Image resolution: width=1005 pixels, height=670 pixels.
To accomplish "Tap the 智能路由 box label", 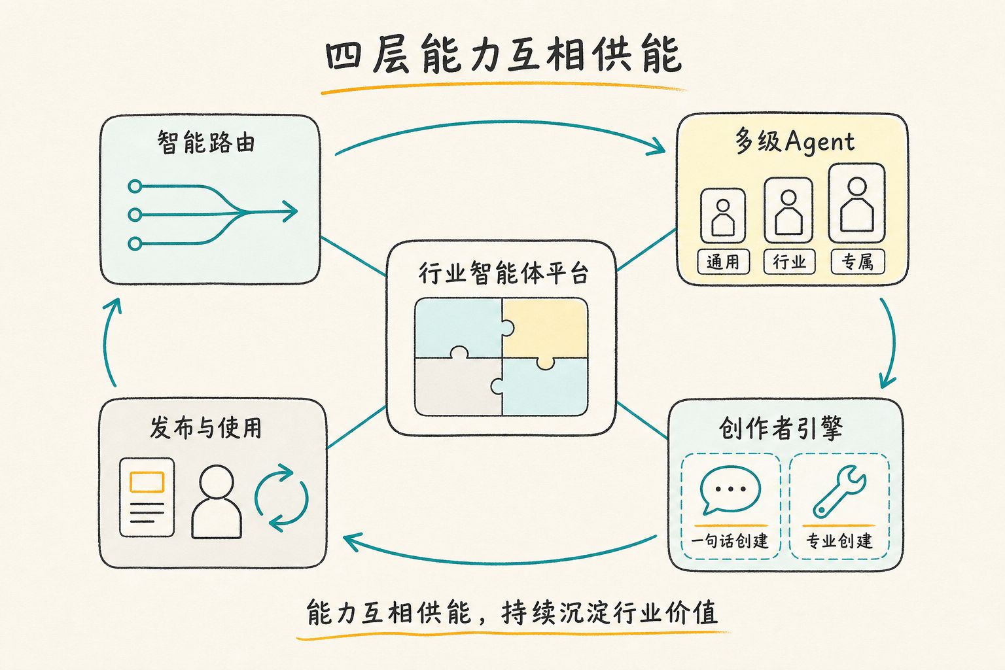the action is point(206,142).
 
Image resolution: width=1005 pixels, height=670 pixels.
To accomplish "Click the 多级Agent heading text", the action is point(794,141).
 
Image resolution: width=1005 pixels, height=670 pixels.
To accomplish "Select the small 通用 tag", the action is point(723,262).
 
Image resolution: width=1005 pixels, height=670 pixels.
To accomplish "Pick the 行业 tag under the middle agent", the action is point(789,262).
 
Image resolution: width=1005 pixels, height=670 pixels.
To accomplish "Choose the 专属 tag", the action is point(858,262).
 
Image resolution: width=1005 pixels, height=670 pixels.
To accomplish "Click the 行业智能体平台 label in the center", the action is point(503,273).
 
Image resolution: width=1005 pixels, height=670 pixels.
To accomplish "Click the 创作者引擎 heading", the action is point(781,428).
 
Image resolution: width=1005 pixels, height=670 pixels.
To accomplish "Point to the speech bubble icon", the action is point(730,490).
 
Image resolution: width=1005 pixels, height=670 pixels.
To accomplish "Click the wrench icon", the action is point(839,492).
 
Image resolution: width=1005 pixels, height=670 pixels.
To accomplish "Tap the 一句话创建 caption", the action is point(730,540).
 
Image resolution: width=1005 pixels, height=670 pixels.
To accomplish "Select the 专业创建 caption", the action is point(839,540).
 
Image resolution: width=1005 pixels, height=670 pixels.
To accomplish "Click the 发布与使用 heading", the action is point(206,427).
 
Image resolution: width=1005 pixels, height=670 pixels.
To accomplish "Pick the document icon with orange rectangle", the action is point(147,497).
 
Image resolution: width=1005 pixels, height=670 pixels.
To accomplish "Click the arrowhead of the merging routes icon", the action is point(290,211).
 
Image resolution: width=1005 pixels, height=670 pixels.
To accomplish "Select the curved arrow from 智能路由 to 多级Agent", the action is point(501,122).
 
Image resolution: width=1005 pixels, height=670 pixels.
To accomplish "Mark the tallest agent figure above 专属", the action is point(857,203).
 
